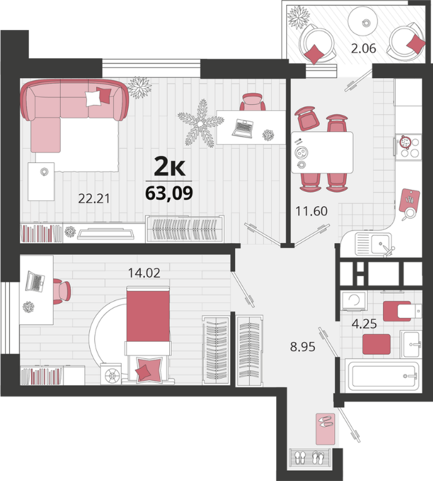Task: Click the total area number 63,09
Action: pos(169,193)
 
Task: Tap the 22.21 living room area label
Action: pos(94,199)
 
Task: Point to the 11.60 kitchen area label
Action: pos(312,211)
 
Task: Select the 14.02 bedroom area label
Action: pos(144,273)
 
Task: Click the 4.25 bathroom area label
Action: pos(364,324)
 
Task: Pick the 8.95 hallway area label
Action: pos(303,347)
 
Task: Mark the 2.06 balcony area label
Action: pos(364,49)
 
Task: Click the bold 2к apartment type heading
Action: pos(169,167)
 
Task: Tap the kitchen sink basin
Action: pos(381,244)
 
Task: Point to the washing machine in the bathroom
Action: pos(354,300)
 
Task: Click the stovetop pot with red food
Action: pos(406,142)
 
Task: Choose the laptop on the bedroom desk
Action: pos(34,281)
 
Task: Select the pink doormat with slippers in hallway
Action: pos(326,429)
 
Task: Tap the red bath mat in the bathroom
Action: pos(377,344)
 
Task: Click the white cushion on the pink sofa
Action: pos(93,99)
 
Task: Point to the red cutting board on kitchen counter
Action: pos(409,200)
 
